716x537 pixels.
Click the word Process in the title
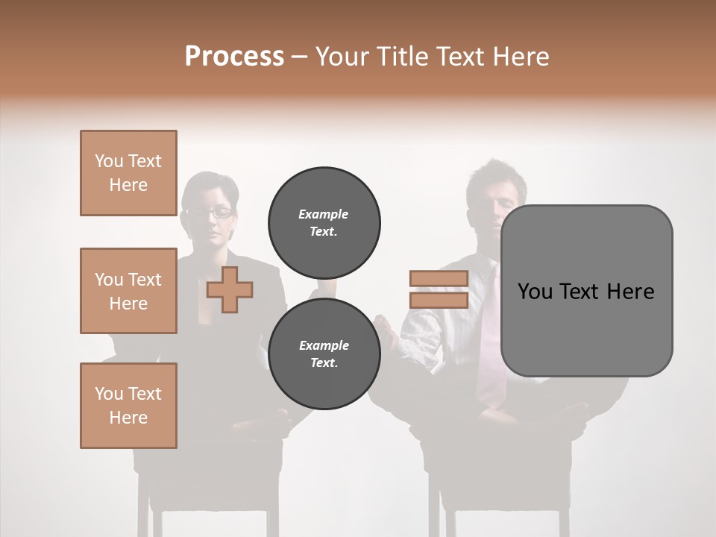click(234, 57)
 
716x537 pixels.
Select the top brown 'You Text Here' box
click(128, 173)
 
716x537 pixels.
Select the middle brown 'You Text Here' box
click(128, 291)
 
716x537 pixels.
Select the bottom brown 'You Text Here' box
click(128, 406)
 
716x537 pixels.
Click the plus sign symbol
click(230, 289)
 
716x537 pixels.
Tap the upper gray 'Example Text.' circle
click(324, 222)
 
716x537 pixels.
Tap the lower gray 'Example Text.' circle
click(324, 354)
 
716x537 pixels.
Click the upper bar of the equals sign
click(439, 279)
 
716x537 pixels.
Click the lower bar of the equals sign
click(439, 300)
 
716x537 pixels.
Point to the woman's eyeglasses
click(211, 213)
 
